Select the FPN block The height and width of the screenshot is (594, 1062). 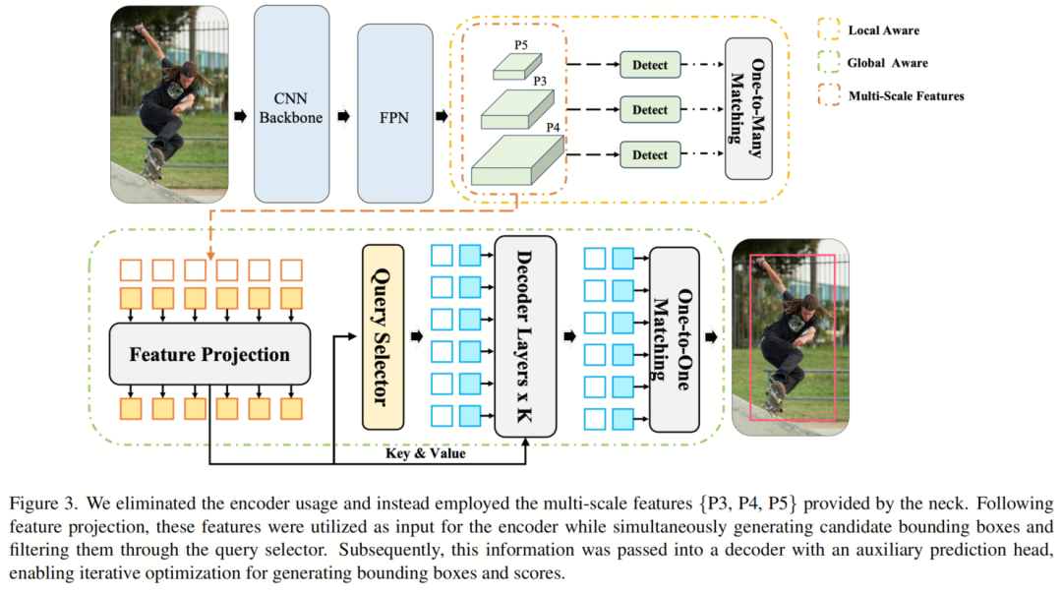(x=395, y=116)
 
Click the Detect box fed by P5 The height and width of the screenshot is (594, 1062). (x=649, y=66)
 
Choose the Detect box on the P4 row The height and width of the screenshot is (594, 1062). (x=649, y=154)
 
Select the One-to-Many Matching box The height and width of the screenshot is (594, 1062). (x=748, y=109)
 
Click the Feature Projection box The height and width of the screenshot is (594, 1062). (x=210, y=354)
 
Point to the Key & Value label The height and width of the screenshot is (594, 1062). (x=425, y=453)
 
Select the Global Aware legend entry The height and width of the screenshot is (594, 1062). (x=886, y=63)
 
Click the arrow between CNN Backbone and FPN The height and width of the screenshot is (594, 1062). (x=343, y=116)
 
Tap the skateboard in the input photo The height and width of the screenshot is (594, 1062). (x=154, y=162)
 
